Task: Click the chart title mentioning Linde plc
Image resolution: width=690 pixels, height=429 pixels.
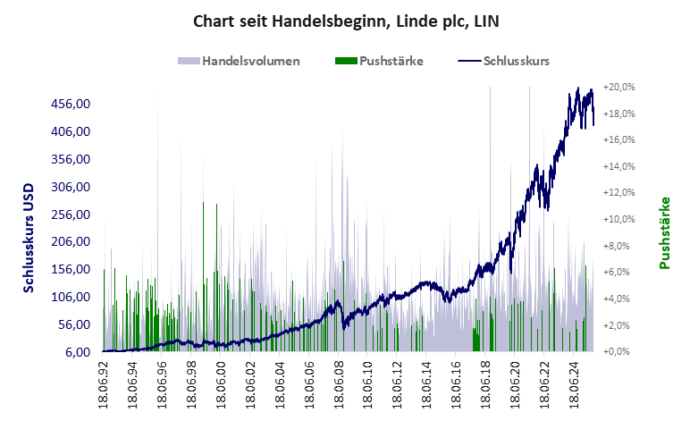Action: [345, 19]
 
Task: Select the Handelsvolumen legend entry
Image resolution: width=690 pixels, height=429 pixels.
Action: [239, 62]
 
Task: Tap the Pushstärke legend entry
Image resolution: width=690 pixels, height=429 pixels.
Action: [379, 62]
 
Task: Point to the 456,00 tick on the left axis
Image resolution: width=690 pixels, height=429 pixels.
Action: [72, 104]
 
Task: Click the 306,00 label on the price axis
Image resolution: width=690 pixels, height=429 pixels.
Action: [72, 187]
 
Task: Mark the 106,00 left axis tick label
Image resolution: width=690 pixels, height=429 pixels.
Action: [72, 297]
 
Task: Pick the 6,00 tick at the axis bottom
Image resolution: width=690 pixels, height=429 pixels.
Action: [78, 352]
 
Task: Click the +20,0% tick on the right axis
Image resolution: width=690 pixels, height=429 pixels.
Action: [618, 88]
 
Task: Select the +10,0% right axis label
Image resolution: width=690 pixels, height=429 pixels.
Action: [618, 220]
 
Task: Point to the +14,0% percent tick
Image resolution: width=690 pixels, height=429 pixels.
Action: [618, 167]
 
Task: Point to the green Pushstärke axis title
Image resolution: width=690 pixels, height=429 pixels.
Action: [666, 232]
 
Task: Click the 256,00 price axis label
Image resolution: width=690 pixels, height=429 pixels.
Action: [72, 214]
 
